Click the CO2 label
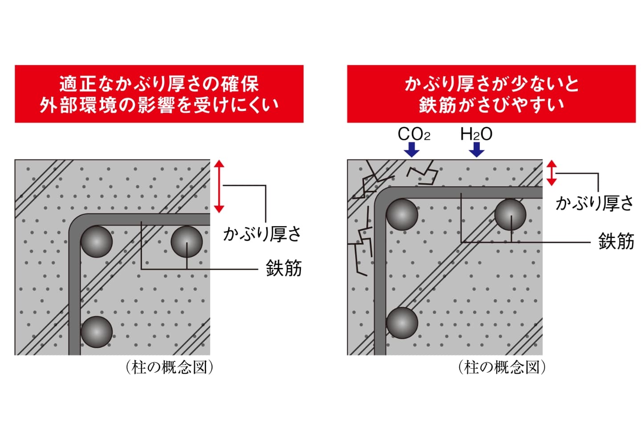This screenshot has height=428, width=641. coord(414,134)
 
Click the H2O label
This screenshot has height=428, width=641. coord(476,134)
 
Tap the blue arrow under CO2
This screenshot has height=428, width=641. coord(413,149)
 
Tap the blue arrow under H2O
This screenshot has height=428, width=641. coord(476,149)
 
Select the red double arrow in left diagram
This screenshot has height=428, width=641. coord(219,186)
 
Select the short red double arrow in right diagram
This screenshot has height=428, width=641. coord(552,173)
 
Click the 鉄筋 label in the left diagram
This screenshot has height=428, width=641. coord(284,268)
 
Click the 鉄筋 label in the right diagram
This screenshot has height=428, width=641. coord(616,241)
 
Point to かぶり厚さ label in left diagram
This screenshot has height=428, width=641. coord(262,234)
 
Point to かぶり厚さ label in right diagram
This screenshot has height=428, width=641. coord(594,203)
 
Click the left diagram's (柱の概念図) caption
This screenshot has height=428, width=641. coord(169,367)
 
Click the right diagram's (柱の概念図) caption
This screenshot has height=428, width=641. coord(502,367)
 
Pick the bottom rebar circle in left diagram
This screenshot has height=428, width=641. coord(96,332)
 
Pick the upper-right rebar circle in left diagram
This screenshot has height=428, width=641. coord(187,242)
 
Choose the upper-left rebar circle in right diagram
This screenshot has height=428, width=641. coord(402,214)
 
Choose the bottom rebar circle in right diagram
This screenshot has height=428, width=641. coord(402,322)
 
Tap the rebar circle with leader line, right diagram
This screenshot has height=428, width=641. coord(510,214)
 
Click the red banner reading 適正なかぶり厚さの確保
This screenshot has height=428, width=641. coord(159,84)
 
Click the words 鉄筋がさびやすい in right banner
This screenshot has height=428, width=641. coord(491,105)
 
